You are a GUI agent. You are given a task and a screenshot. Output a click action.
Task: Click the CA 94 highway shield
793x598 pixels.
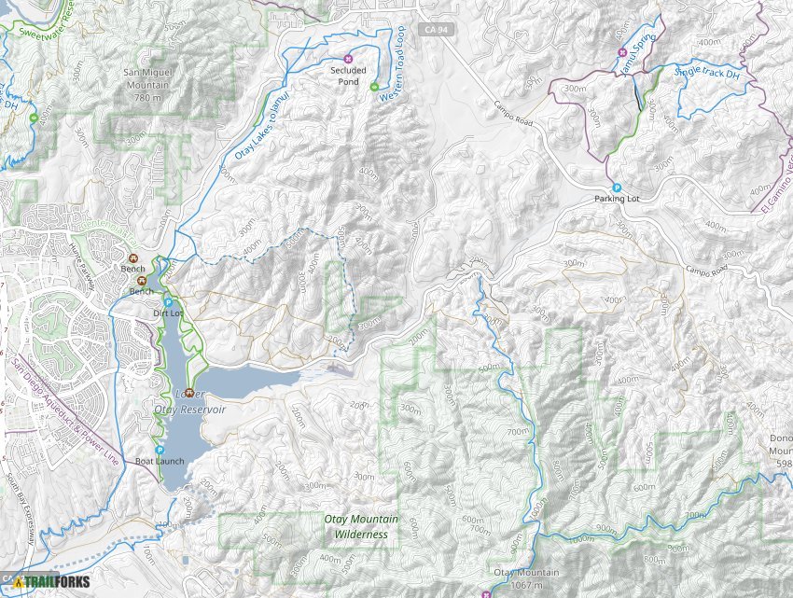[x=429, y=31]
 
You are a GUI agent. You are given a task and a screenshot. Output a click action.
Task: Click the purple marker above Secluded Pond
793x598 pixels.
[x=349, y=53]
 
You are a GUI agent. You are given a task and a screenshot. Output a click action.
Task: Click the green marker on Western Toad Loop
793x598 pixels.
[x=374, y=88]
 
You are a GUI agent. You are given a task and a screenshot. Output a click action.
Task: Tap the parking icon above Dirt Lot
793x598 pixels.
[x=168, y=302]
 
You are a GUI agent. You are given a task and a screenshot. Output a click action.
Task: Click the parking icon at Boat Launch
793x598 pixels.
[x=160, y=450]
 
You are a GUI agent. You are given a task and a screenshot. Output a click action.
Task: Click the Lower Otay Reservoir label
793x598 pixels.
[x=191, y=403]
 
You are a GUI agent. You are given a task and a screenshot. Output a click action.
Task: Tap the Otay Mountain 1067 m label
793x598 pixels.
[x=526, y=578]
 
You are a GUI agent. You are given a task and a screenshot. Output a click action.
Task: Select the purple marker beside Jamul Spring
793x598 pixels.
[x=622, y=51]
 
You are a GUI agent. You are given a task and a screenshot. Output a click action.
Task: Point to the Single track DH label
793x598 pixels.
[x=712, y=73]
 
